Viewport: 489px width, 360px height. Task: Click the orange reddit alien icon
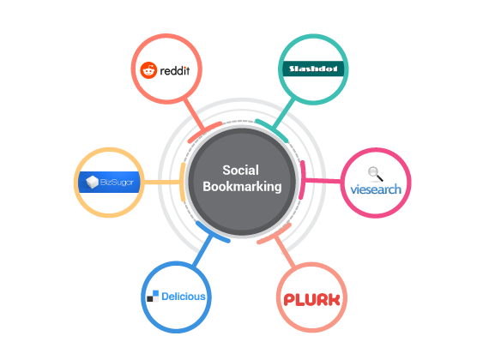coord(148,70)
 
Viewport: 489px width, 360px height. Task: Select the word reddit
coord(175,71)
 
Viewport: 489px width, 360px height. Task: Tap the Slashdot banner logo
coord(313,69)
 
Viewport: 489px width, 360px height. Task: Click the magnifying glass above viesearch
coord(375,174)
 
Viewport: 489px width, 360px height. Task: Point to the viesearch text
coord(376,189)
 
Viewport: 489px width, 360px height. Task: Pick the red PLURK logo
coord(311,299)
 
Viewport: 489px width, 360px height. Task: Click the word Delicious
coord(184,297)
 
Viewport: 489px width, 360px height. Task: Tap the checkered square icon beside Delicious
coord(153,296)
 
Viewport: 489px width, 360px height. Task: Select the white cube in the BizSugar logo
coord(92,182)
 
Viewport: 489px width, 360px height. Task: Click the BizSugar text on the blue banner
coord(117,182)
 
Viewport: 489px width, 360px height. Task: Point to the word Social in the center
coord(240,171)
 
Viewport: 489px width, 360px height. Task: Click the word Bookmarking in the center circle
coord(242,187)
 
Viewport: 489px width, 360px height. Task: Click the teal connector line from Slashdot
coord(283,114)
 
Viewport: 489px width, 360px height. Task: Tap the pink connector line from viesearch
coord(323,180)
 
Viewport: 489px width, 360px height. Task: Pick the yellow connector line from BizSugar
coord(162,182)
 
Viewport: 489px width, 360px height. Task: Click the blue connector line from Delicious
coord(202,250)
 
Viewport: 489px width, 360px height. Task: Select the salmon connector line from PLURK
coord(285,252)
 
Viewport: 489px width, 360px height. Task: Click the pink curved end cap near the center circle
coord(302,180)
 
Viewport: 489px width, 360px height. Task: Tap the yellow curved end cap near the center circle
coord(183,182)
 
